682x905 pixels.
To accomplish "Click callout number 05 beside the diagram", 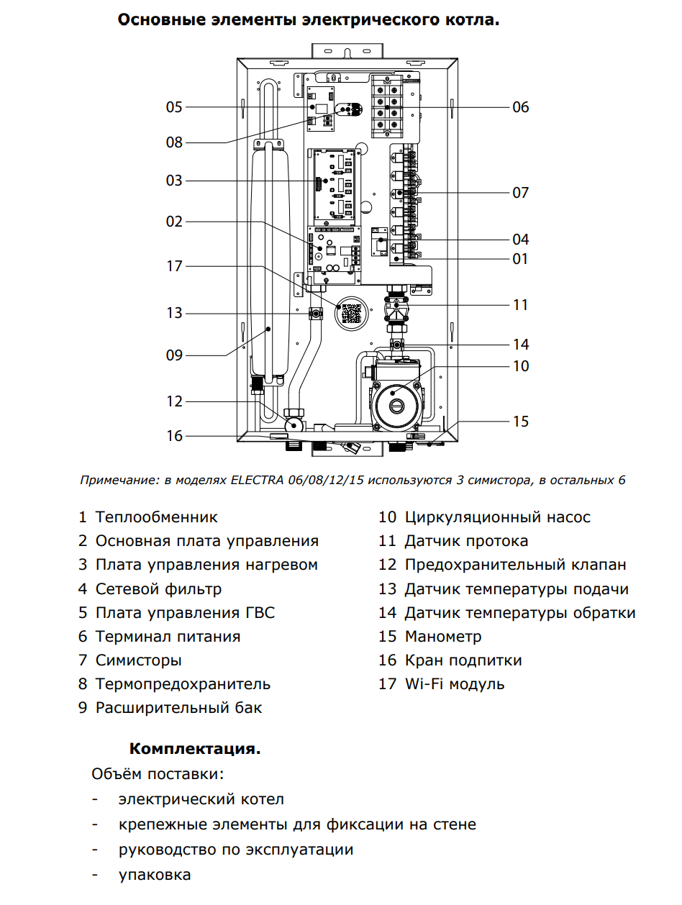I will coord(174,107).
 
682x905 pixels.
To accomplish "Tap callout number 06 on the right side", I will coord(521,107).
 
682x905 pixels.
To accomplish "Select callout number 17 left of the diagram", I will coord(174,266).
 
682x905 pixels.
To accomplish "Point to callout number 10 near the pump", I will coord(521,365).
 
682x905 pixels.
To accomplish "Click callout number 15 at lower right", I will coord(521,421).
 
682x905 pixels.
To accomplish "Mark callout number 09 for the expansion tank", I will coord(174,355).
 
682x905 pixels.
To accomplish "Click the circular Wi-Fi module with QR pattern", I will coord(351,314).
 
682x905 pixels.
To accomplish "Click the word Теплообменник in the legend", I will coord(156,517).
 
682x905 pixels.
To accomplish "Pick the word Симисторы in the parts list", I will coord(138,660).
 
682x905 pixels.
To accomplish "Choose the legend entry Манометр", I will coord(443,637).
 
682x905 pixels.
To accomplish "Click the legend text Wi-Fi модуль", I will coord(455,684).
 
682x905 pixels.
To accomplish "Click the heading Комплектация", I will coord(195,749).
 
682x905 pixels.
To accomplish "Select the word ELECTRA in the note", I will coord(259,480).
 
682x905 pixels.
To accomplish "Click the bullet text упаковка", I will coord(155,876).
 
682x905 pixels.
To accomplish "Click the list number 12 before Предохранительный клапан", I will coord(388,565).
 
